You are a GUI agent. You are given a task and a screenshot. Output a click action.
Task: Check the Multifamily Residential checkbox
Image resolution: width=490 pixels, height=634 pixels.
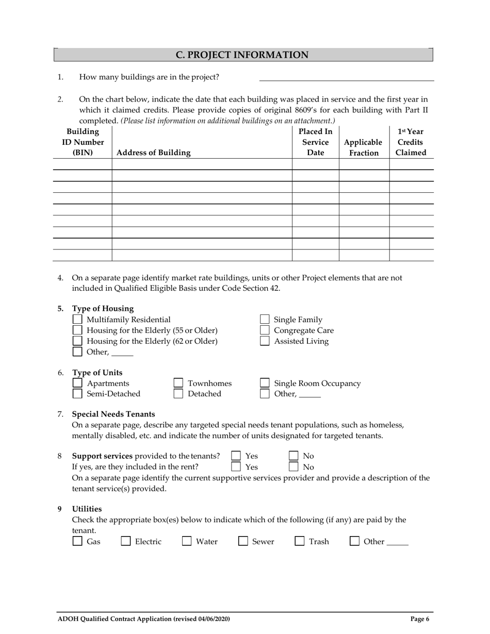coord(77,320)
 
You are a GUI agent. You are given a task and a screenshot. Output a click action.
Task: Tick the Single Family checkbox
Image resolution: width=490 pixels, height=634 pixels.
coord(265,320)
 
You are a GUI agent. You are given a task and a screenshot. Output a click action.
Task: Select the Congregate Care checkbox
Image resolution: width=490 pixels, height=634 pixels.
coord(265,330)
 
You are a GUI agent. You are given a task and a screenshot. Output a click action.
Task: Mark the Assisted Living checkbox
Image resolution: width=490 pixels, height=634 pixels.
coord(265,341)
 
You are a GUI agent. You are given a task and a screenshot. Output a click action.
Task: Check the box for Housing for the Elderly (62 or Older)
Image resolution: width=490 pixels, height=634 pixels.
coord(77,341)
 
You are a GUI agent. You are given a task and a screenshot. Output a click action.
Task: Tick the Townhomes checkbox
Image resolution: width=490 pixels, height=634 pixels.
coord(178,383)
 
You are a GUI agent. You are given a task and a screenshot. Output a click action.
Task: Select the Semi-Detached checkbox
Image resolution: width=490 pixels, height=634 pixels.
coord(77,394)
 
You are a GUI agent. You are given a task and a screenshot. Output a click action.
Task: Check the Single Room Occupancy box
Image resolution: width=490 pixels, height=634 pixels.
coord(265,383)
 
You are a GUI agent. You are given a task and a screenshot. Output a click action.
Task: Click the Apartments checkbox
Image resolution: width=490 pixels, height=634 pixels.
coord(77,383)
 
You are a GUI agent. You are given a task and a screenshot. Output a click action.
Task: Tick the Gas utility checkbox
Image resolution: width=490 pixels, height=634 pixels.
coord(77,541)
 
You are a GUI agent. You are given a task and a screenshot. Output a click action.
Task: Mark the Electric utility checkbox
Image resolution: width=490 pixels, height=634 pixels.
coord(126,541)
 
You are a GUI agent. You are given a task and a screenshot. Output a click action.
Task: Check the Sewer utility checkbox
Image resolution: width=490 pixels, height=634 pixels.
coord(243,541)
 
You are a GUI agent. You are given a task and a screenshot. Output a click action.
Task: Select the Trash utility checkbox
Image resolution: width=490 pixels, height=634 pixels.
coord(300,541)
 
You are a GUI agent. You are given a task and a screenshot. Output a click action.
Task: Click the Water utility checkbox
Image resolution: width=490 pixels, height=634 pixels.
coord(187,541)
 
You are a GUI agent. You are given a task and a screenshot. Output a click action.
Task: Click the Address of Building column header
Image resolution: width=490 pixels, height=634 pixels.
coord(154,153)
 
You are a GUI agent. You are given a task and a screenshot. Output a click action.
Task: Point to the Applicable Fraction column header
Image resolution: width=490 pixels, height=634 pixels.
coord(364,147)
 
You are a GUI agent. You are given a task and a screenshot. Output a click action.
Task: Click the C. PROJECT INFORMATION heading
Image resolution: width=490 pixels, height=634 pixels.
coord(242,55)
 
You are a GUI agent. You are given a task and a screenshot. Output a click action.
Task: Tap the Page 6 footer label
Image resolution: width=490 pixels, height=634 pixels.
coord(420,619)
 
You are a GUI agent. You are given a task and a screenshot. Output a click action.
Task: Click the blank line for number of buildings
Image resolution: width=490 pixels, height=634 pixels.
coord(346,77)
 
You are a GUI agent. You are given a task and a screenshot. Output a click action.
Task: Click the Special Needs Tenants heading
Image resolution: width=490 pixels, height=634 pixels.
coord(113,414)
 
